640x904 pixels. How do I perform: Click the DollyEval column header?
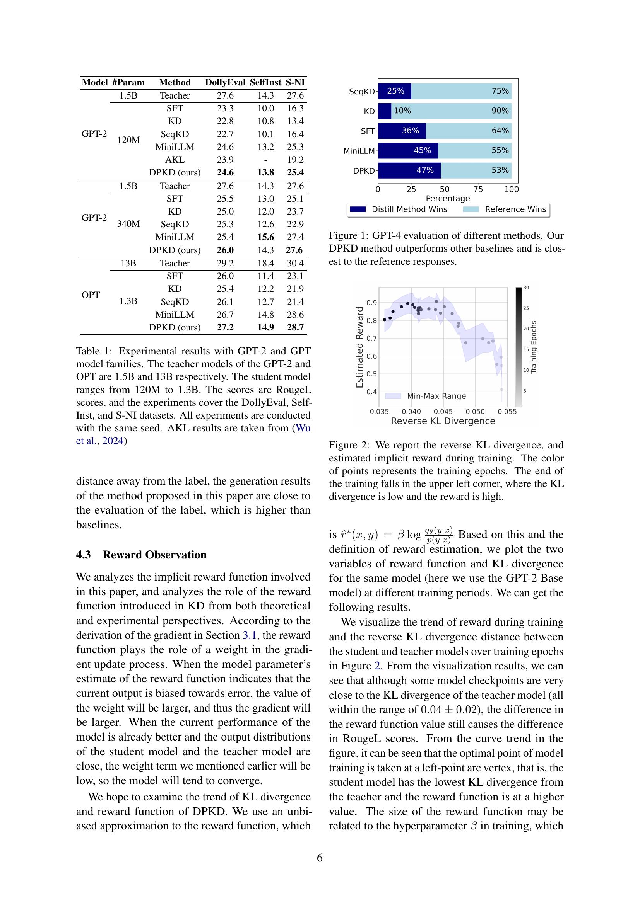(225, 82)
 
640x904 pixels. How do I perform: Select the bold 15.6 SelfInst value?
(265, 237)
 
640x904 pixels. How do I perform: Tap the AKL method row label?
(175, 160)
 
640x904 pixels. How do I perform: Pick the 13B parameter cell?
(128, 263)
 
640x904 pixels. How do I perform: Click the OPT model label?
(91, 295)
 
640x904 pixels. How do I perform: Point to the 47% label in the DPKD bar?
(425, 170)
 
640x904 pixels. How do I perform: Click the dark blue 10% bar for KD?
(385, 111)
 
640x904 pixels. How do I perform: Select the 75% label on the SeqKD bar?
(500, 91)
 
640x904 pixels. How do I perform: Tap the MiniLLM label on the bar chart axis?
(359, 151)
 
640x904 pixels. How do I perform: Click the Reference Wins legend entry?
(515, 209)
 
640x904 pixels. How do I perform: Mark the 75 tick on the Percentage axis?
(478, 189)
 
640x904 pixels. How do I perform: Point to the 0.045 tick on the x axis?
(443, 412)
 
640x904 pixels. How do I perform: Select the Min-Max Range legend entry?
(436, 396)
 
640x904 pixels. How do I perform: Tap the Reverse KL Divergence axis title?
(443, 421)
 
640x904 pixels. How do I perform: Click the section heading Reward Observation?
(154, 555)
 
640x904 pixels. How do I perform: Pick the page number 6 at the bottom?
(320, 858)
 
